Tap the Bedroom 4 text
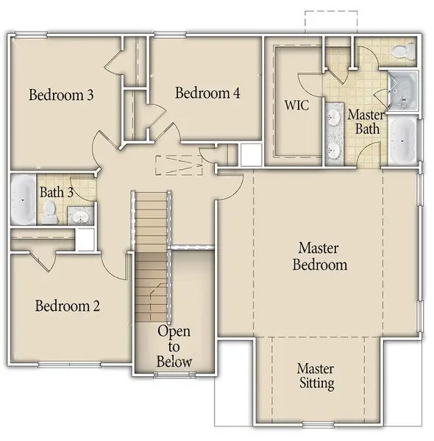click(207, 93)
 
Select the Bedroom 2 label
click(68, 306)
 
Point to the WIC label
click(296, 105)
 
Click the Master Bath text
click(363, 122)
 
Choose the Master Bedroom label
click(319, 257)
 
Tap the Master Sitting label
click(316, 376)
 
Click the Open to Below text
click(174, 346)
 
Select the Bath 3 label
click(56, 193)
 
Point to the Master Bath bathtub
click(402, 140)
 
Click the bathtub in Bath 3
click(21, 199)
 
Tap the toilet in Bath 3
click(49, 212)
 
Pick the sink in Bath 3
click(78, 215)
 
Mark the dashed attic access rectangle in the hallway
click(179, 166)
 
